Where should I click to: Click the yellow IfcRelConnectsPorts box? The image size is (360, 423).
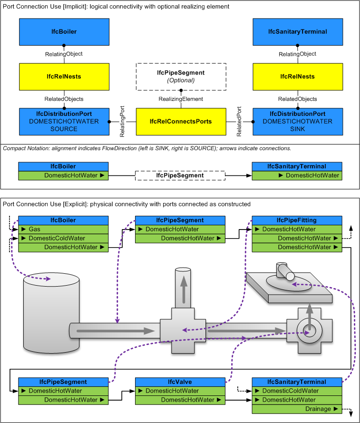coord(181,121)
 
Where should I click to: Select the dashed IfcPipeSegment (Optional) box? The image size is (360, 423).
coord(181,76)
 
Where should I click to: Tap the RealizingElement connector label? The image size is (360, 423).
coord(181,99)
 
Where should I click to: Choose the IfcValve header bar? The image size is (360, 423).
coord(181,382)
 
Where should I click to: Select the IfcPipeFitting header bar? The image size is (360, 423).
coord(297,220)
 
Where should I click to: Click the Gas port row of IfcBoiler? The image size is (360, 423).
coord(64,229)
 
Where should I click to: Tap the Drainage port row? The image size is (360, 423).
coord(297,409)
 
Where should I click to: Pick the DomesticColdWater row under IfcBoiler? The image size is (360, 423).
coord(64,238)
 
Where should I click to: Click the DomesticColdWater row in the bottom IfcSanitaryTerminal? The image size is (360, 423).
coord(297,391)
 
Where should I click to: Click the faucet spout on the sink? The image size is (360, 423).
coord(285,271)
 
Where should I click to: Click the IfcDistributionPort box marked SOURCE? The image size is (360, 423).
coord(64,121)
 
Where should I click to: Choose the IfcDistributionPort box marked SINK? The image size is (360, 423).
coord(297,121)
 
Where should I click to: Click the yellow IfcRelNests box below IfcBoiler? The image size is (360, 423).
coord(64,76)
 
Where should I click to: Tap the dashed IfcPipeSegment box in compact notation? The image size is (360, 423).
coord(181,175)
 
